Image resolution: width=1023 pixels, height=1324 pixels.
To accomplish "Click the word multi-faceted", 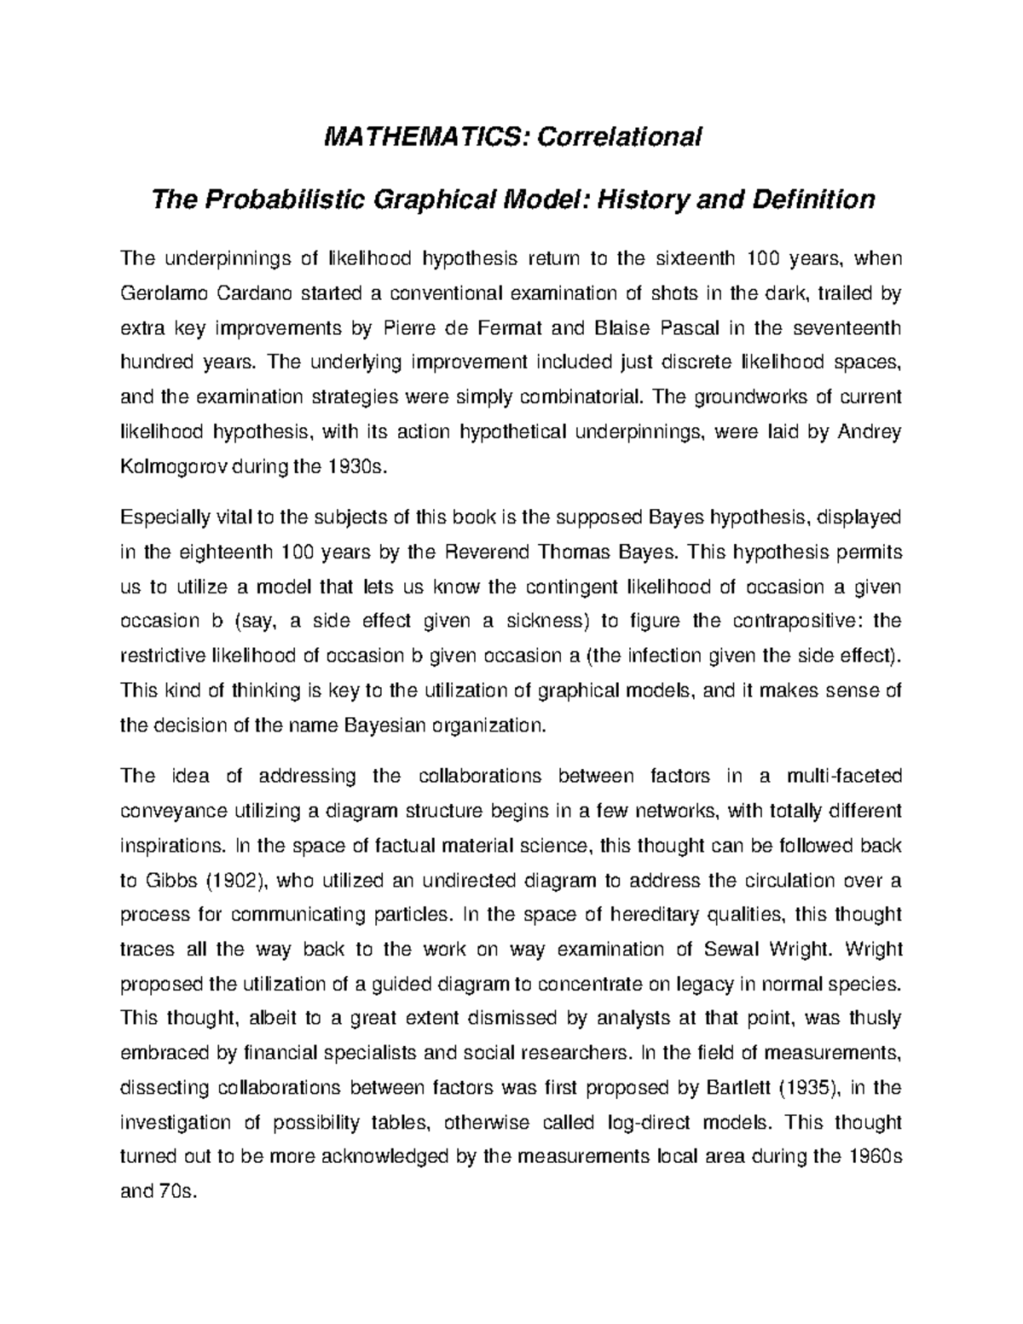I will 843,776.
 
